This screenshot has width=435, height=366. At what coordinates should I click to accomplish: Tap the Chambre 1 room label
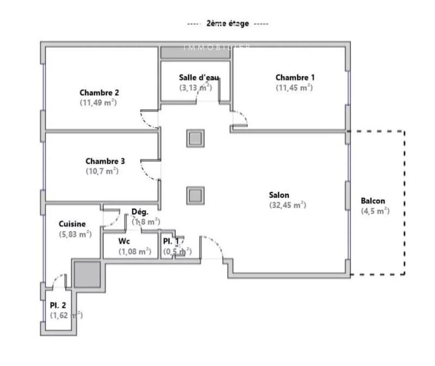[294, 78]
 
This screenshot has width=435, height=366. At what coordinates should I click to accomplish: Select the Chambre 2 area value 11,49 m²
[98, 102]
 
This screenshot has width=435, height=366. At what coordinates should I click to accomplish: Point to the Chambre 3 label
[105, 161]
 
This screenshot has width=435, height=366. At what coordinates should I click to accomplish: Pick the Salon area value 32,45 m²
[288, 205]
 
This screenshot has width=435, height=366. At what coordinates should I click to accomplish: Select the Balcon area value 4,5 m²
[375, 211]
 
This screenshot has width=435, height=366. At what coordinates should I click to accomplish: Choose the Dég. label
[140, 212]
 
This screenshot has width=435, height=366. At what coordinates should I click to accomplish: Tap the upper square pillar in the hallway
[195, 138]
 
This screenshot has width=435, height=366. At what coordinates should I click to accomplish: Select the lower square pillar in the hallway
[195, 194]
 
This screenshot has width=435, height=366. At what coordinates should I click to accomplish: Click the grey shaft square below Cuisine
[87, 274]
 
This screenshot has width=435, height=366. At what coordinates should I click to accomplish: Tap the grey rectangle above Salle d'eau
[196, 52]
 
